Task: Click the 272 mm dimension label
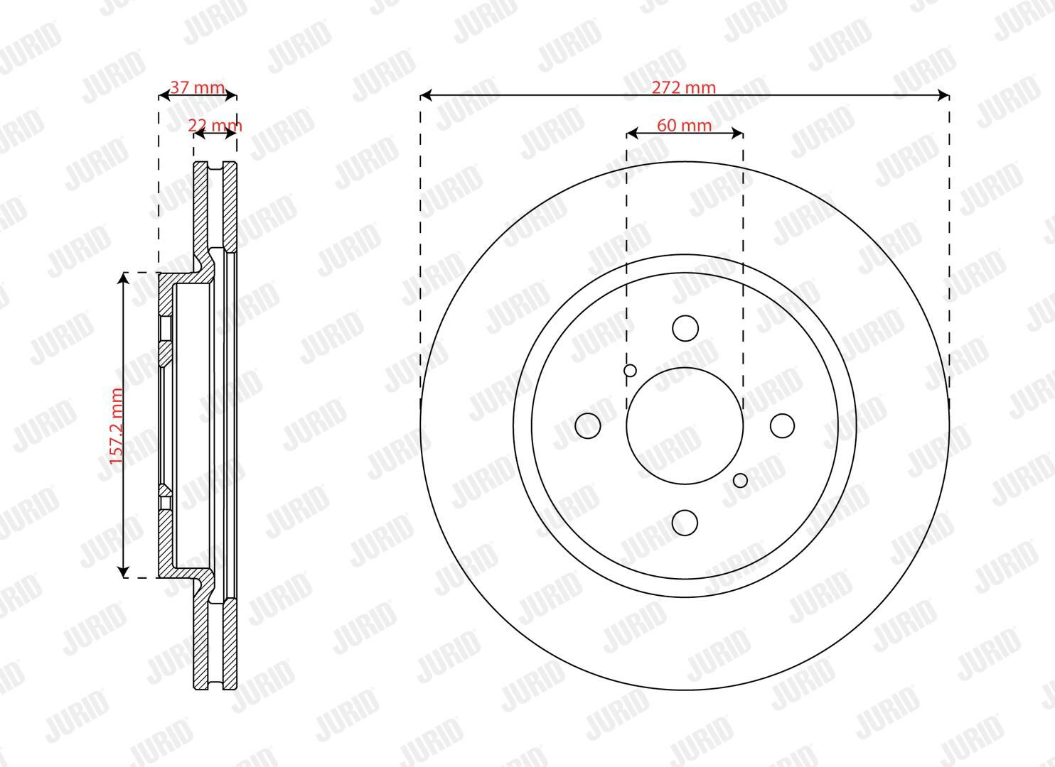pyautogui.click(x=683, y=87)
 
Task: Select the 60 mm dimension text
pyautogui.click(x=685, y=125)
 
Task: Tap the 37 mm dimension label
pyautogui.click(x=197, y=87)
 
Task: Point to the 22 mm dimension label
pyautogui.click(x=215, y=125)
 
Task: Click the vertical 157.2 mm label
pyautogui.click(x=117, y=426)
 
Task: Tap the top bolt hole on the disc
pyautogui.click(x=685, y=328)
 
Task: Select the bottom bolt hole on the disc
pyautogui.click(x=685, y=522)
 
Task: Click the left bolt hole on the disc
pyautogui.click(x=588, y=425)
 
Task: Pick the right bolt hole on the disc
pyautogui.click(x=782, y=425)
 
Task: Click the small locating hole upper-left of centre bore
pyautogui.click(x=630, y=370)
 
